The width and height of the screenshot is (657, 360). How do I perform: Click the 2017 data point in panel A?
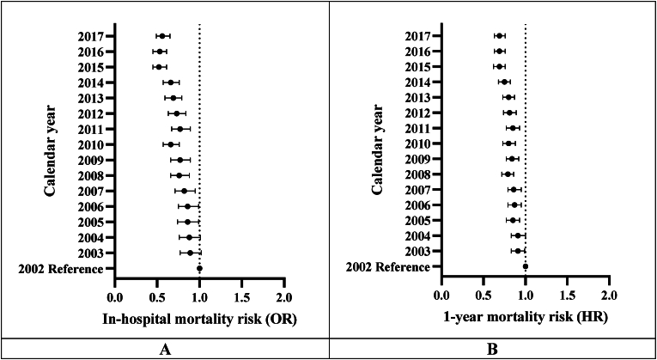pyautogui.click(x=161, y=36)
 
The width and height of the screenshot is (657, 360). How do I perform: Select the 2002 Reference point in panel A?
pyautogui.click(x=199, y=268)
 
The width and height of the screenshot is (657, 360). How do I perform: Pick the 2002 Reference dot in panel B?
pyautogui.click(x=525, y=266)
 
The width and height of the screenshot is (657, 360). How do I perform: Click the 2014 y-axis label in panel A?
pyautogui.click(x=88, y=82)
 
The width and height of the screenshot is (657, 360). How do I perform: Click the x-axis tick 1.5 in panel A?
pyautogui.click(x=241, y=297)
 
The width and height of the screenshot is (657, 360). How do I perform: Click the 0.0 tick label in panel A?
pyautogui.click(x=114, y=297)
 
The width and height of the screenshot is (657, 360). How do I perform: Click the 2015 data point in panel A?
pyautogui.click(x=158, y=66)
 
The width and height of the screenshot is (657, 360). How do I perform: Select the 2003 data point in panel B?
pyautogui.click(x=518, y=251)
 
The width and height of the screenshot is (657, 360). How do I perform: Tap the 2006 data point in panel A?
pyautogui.click(x=187, y=206)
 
